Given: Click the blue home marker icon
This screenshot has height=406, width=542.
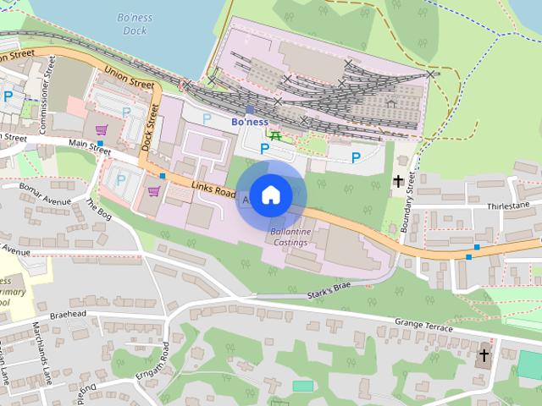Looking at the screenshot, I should (270, 195).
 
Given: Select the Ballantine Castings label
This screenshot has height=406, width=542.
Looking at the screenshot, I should (289, 237).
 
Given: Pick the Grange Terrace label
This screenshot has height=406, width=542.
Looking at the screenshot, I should (425, 322).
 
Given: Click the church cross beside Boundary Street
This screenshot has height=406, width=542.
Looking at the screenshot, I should (397, 180).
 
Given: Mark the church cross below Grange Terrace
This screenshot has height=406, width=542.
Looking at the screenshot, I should (485, 355).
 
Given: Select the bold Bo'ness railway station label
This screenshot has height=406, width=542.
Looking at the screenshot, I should (249, 122).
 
